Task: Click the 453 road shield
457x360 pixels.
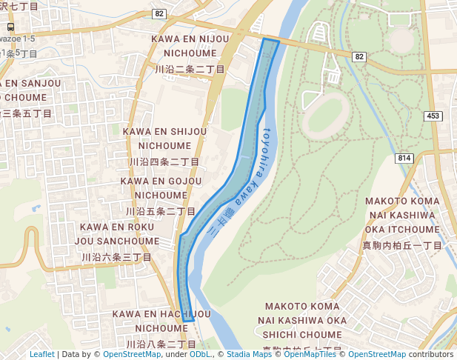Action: point(433,116)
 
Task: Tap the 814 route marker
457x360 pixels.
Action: point(404,158)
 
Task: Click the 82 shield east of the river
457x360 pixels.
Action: point(359,57)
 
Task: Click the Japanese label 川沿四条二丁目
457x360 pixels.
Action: point(164,161)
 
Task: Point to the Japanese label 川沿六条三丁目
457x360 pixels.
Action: point(116,257)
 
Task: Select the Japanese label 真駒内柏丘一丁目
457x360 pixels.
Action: point(402,245)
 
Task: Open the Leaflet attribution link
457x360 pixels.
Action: point(42,354)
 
